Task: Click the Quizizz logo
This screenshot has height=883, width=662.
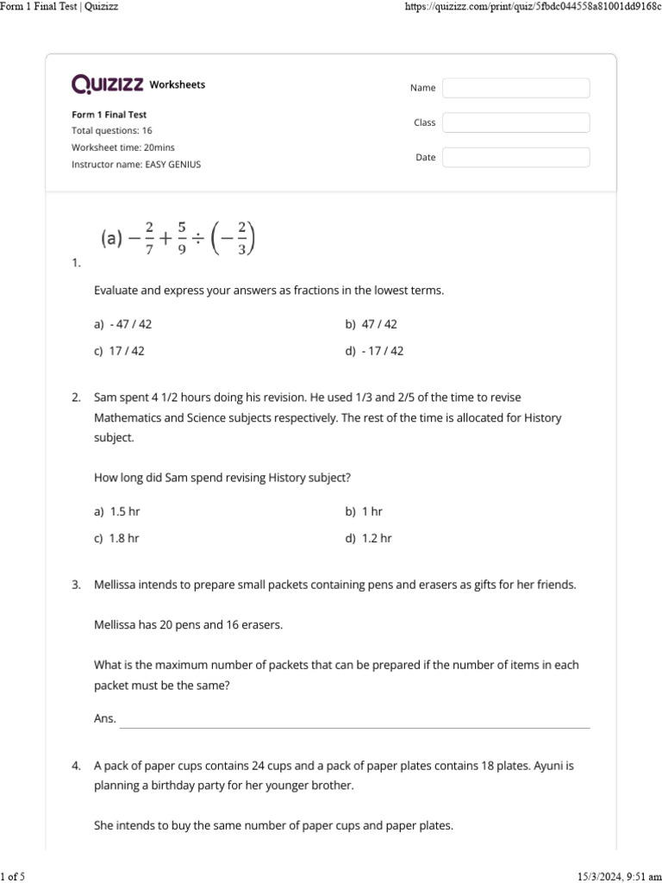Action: click(x=108, y=85)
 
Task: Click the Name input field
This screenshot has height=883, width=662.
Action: click(x=515, y=88)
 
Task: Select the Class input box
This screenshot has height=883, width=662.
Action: click(x=515, y=122)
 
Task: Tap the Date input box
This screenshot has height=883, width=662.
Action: click(x=515, y=157)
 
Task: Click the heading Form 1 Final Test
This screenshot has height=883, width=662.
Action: click(x=109, y=114)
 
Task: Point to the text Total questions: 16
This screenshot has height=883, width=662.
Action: click(x=111, y=130)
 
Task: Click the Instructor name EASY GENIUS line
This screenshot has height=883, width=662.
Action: click(x=135, y=164)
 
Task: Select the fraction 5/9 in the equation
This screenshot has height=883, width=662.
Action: click(x=182, y=237)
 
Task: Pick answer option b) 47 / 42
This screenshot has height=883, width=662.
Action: click(x=372, y=324)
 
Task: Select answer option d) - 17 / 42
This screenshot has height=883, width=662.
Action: click(x=374, y=351)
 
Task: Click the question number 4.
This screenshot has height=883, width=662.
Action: click(x=76, y=765)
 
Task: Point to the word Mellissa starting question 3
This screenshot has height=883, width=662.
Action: click(x=116, y=585)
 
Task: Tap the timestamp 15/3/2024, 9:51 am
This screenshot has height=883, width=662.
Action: click(x=615, y=876)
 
